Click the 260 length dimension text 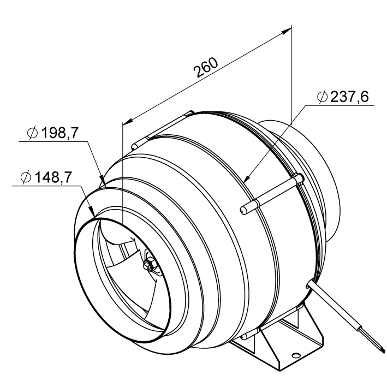point(206,67)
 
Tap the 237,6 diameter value point(349,97)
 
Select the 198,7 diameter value point(59,133)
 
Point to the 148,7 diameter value point(53,177)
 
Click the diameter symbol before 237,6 point(322,97)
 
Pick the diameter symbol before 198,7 point(32,133)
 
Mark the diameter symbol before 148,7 point(26,177)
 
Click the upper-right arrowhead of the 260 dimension point(287,31)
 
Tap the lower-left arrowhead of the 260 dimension point(127,121)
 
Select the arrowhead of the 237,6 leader point(246,178)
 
